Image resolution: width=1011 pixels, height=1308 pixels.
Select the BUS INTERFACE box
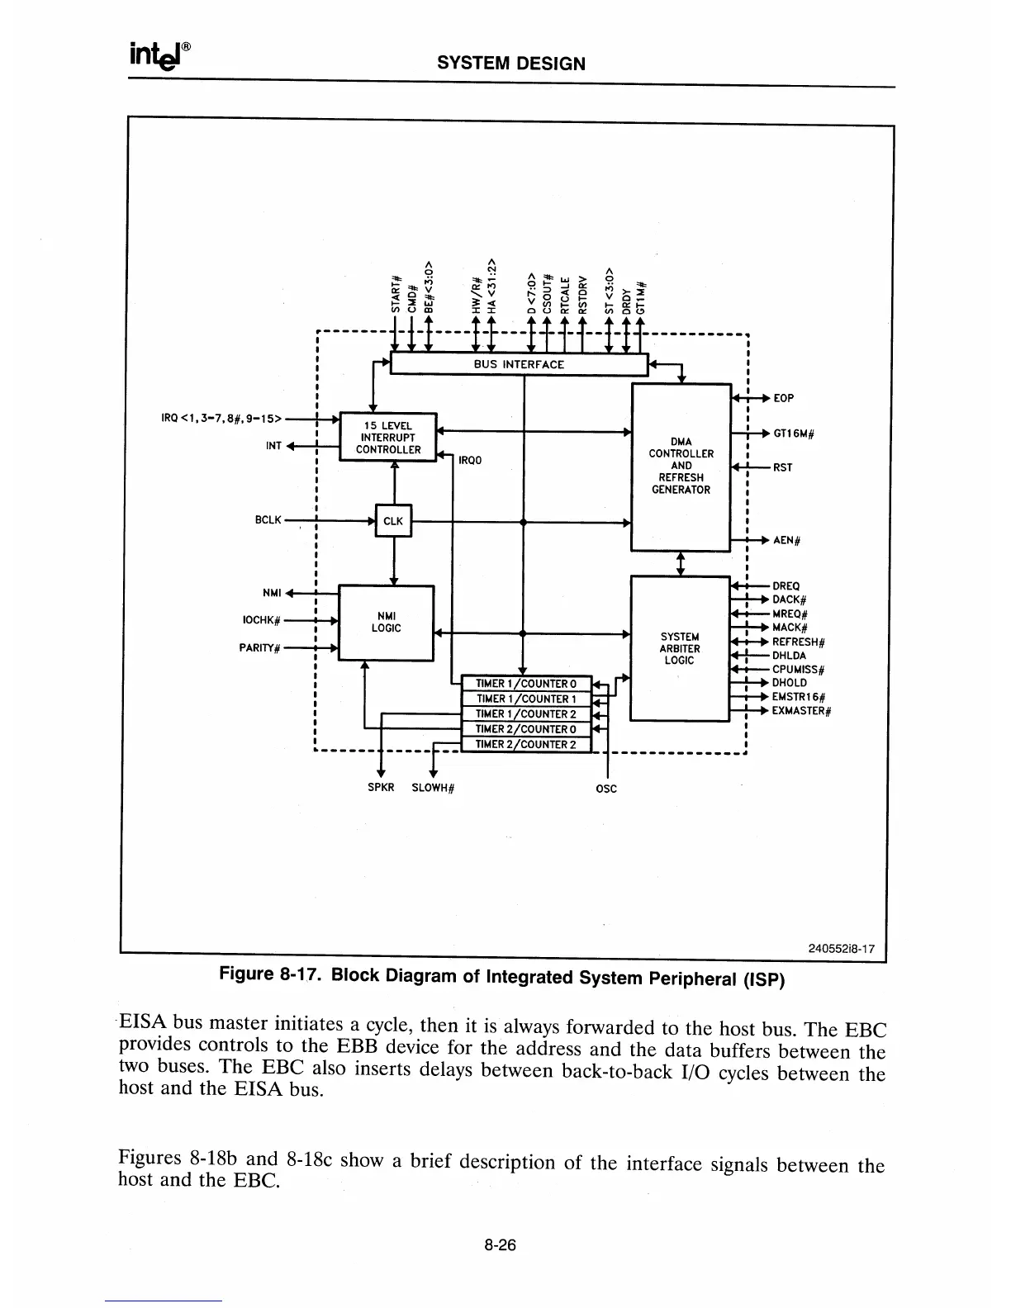[x=519, y=364]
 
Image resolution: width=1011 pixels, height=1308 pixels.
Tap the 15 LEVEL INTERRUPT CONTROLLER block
[x=387, y=438]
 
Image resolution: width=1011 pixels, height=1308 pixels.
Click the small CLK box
[x=393, y=521]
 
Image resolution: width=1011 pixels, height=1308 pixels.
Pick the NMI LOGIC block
[x=386, y=623]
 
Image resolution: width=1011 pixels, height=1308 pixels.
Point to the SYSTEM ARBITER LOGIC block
[x=680, y=648]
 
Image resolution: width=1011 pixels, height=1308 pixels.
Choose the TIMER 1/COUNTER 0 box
[x=525, y=684]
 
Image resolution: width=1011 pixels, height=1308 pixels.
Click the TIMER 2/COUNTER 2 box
[x=525, y=745]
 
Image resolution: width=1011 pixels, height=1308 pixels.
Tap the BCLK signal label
[x=268, y=521]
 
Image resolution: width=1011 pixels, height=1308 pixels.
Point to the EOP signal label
[x=783, y=398]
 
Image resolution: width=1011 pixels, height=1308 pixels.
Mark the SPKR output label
[x=380, y=787]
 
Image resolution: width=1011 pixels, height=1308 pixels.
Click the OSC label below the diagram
[x=606, y=789]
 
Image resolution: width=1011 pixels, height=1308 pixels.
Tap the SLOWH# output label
[x=434, y=788]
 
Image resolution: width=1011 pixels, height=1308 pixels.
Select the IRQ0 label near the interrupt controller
[x=469, y=461]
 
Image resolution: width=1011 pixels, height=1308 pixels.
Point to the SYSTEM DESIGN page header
[x=510, y=64]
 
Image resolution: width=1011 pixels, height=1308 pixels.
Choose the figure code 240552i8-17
[x=841, y=950]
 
